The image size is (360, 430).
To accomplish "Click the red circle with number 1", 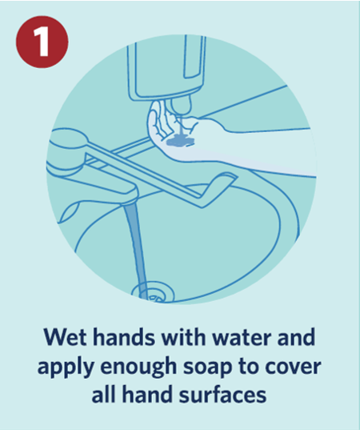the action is pyautogui.click(x=42, y=42).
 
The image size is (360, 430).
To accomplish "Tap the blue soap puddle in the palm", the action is pyautogui.click(x=180, y=141).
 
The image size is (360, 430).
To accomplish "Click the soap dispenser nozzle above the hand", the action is pyautogui.click(x=181, y=106).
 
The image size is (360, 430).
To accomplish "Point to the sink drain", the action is pyautogui.click(x=153, y=292).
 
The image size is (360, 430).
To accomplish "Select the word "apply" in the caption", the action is pyautogui.click(x=66, y=367).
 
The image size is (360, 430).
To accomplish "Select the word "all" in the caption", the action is pyautogui.click(x=102, y=394).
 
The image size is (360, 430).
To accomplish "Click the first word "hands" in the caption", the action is pyautogui.click(x=124, y=337).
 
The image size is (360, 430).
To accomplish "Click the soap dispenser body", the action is pyautogui.click(x=167, y=67).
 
